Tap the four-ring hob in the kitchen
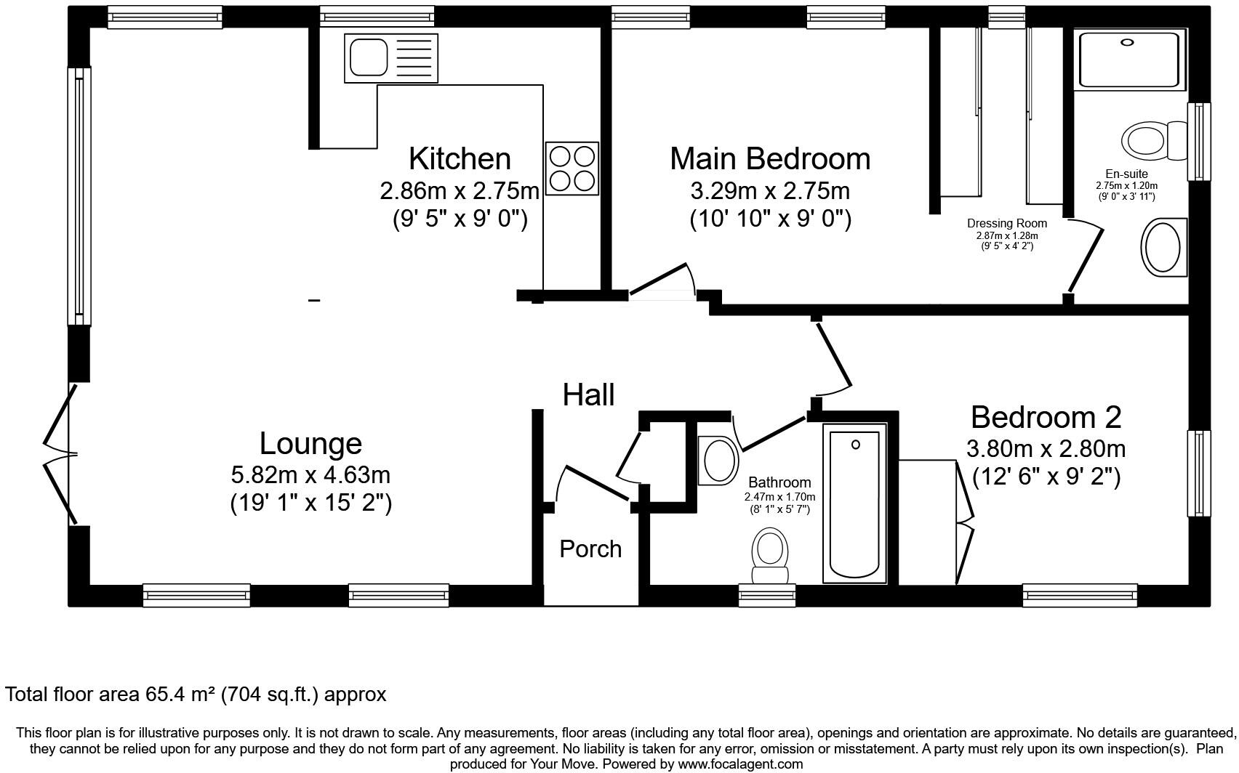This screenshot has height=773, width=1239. pos(573,168)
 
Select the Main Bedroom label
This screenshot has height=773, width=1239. pos(769,158)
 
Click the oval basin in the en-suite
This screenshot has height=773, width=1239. pos(1163,247)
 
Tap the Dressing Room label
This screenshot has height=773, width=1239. pos(1006,223)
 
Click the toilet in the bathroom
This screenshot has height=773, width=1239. pos(769,556)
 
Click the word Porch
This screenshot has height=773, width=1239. pos(590,549)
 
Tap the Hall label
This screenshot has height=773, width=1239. pos(588,394)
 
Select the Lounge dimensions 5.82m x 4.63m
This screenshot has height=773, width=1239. pos(310,475)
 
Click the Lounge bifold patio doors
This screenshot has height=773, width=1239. pos(60,455)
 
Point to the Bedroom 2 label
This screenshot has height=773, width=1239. pos(1046,417)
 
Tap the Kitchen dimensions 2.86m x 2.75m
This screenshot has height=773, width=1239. pos(460,191)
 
